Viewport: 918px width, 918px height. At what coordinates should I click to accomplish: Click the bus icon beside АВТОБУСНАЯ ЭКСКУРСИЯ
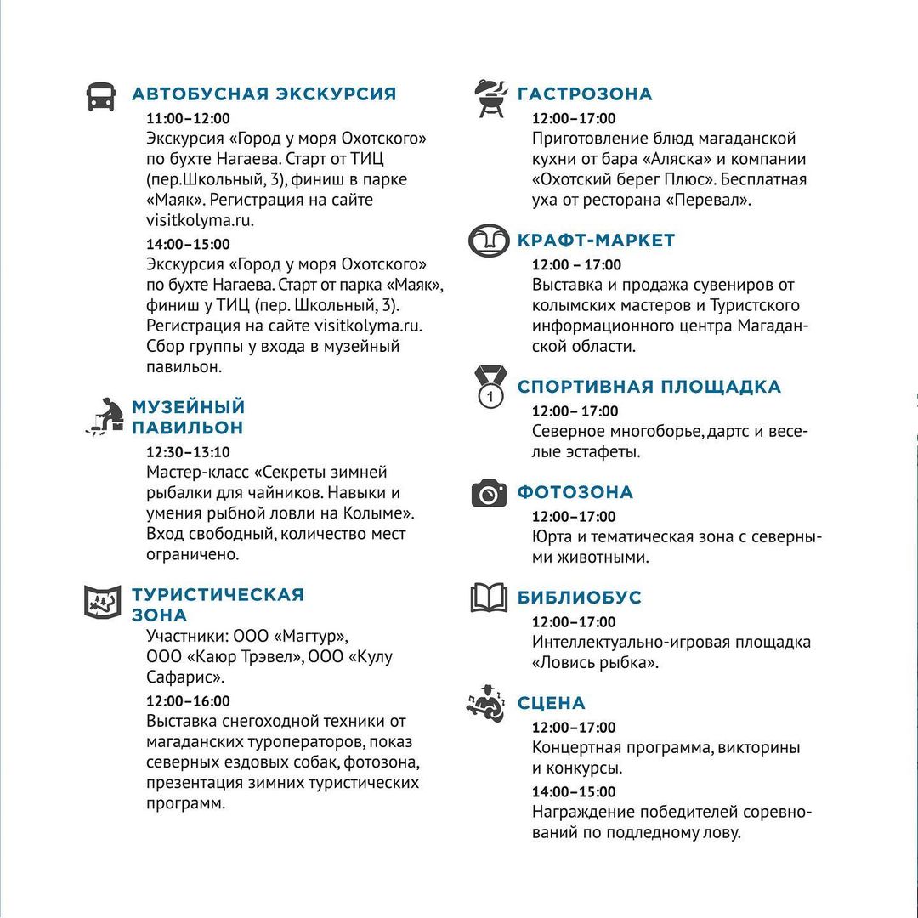[x=100, y=96]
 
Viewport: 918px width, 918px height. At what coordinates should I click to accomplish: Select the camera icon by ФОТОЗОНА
[x=489, y=493]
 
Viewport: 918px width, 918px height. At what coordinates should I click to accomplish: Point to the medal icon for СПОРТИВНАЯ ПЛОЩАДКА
[x=490, y=387]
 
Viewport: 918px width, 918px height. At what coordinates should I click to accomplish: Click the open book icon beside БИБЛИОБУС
[x=489, y=598]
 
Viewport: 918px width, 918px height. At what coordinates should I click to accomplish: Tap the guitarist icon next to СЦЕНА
[x=486, y=703]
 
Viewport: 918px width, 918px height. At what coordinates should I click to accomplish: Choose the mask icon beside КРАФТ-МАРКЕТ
[x=489, y=241]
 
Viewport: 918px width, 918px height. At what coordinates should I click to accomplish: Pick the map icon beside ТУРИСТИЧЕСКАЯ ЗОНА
[x=102, y=601]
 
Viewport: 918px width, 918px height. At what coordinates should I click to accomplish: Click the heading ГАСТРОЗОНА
[x=585, y=94]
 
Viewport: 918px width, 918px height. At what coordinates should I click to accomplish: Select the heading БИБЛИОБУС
[x=580, y=598]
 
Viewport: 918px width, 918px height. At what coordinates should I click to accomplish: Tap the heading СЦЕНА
[x=552, y=703]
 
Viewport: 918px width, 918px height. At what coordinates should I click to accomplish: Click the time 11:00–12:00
[x=188, y=118]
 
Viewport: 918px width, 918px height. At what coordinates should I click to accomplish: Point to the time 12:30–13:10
[x=188, y=452]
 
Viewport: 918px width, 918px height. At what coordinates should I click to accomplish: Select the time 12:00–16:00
[x=188, y=701]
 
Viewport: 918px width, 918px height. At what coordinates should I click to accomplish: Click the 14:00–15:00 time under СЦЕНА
[x=574, y=792]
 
